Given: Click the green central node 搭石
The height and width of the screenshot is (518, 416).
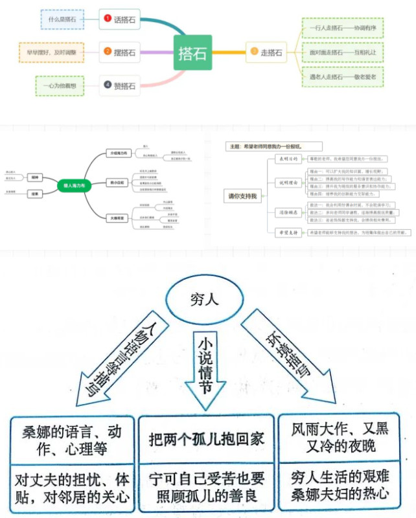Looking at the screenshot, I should point(192,53).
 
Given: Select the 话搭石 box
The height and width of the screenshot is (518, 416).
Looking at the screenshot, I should point(120,19).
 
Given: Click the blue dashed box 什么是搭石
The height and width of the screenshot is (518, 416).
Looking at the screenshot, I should point(62,19).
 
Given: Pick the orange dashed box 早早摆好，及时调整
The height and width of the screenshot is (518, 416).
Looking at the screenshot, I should point(52,52).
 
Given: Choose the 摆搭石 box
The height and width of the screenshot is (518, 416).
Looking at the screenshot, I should point(120,52).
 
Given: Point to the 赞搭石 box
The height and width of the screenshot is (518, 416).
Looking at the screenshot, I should point(120,85).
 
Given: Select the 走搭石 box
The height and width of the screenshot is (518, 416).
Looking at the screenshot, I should point(266,52).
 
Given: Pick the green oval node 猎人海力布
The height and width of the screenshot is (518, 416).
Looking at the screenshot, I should point(75,185).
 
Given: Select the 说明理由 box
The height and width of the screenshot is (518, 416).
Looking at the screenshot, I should point(286,183).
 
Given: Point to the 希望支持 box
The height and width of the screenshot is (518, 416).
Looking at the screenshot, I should point(286,232).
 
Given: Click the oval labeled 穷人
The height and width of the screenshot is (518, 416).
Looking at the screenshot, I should point(208,301).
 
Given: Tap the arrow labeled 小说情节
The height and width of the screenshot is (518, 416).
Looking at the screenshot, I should point(207,369).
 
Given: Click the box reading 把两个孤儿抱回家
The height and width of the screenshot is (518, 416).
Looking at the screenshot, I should point(207,438).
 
